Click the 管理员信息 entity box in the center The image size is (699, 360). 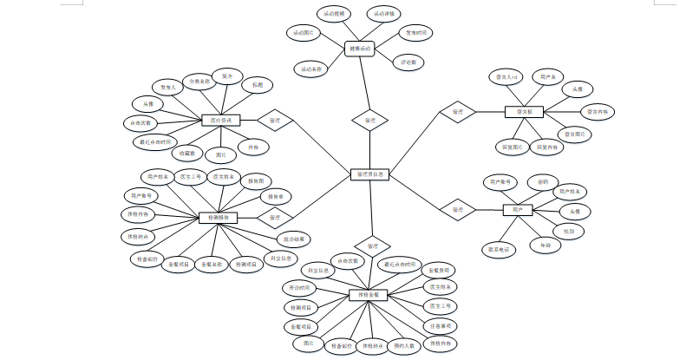369,174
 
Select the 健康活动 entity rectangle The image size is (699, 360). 358,49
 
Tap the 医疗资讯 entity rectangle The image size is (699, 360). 220,121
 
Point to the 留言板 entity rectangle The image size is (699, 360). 524,111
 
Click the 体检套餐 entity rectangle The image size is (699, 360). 368,295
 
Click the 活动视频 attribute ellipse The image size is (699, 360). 333,15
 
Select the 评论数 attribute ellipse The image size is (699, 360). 408,62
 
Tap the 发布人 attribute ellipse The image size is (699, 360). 168,87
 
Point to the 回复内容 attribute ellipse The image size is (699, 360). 546,147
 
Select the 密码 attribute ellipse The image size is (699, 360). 542,181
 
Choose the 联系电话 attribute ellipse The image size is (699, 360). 498,249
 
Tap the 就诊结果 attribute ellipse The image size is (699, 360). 294,238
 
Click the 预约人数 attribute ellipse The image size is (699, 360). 404,345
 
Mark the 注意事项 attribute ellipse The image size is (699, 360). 439,325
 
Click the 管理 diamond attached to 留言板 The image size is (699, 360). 457,111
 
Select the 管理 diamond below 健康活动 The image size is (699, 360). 369,120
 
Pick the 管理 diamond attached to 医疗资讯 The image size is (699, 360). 275,121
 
